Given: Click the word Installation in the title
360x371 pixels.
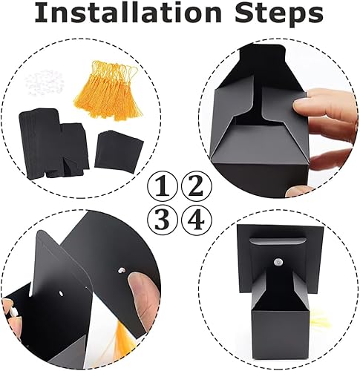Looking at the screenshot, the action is [128, 13].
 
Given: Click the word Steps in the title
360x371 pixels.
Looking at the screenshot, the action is [279, 14].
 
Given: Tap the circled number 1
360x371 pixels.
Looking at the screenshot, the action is [163, 186].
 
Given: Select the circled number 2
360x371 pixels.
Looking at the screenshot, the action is [197, 186].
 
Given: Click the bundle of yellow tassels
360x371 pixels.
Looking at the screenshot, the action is [109, 91].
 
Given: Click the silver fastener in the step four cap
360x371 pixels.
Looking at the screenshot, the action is [279, 261].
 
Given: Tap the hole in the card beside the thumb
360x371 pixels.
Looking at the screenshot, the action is [122, 270].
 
